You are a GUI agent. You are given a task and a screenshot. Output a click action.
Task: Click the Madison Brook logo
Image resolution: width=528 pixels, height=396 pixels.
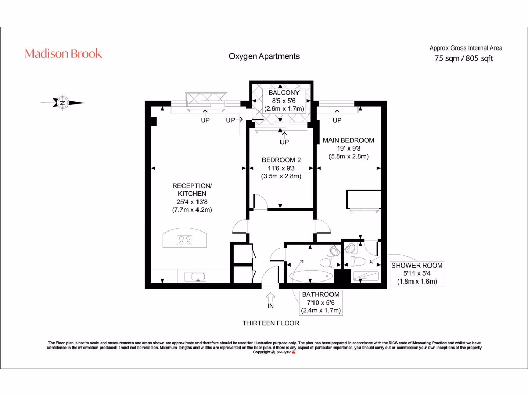click(x=63, y=54)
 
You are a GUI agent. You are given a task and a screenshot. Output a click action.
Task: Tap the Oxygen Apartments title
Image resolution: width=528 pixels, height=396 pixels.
click(x=264, y=56)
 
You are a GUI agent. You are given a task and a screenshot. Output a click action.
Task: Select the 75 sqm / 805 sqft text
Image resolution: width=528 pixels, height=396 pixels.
click(x=464, y=58)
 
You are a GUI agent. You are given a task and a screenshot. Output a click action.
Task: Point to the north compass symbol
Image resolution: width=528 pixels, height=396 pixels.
click(x=62, y=103)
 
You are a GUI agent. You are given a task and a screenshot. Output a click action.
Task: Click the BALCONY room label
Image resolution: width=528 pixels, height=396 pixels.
click(x=284, y=93)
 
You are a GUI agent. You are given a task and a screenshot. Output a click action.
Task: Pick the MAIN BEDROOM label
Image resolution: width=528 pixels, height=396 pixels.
click(x=348, y=140)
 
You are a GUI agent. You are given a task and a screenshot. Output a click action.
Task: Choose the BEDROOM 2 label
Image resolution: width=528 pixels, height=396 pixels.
click(x=281, y=160)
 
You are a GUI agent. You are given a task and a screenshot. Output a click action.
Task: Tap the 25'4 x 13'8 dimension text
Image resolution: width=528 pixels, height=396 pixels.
click(x=192, y=202)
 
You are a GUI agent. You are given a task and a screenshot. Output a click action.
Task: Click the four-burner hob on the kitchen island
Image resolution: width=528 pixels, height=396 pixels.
click(x=185, y=240)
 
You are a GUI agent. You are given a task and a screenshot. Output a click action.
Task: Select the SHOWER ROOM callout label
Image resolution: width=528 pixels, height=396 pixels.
click(x=417, y=266)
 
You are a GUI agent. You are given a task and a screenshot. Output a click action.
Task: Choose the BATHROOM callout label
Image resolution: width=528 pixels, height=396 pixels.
click(x=320, y=295)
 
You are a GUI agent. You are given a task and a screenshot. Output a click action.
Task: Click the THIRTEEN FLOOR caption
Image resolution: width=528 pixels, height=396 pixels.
click(x=271, y=323)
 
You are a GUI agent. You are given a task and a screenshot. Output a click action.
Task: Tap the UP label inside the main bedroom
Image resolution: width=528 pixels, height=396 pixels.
click(x=337, y=120)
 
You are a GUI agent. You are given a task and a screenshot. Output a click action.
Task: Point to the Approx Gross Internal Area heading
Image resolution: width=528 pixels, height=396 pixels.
click(x=466, y=48)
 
